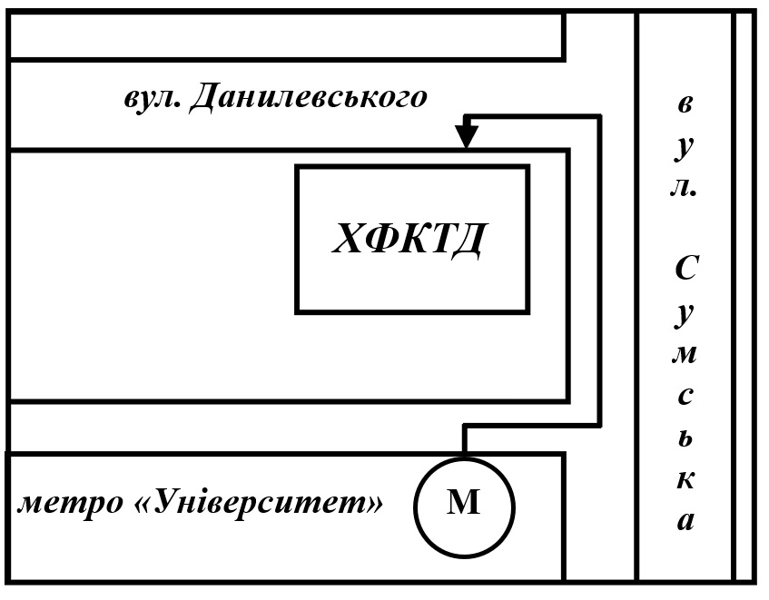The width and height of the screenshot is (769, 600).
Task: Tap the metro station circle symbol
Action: tap(464, 503)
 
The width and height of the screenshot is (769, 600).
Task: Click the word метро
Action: tap(67, 502)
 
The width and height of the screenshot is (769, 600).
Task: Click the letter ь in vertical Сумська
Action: tap(686, 438)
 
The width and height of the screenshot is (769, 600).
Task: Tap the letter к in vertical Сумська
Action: tap(686, 479)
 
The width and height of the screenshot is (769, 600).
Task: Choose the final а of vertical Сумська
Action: tap(686, 521)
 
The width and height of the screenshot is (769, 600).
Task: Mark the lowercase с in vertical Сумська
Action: tap(686, 396)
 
